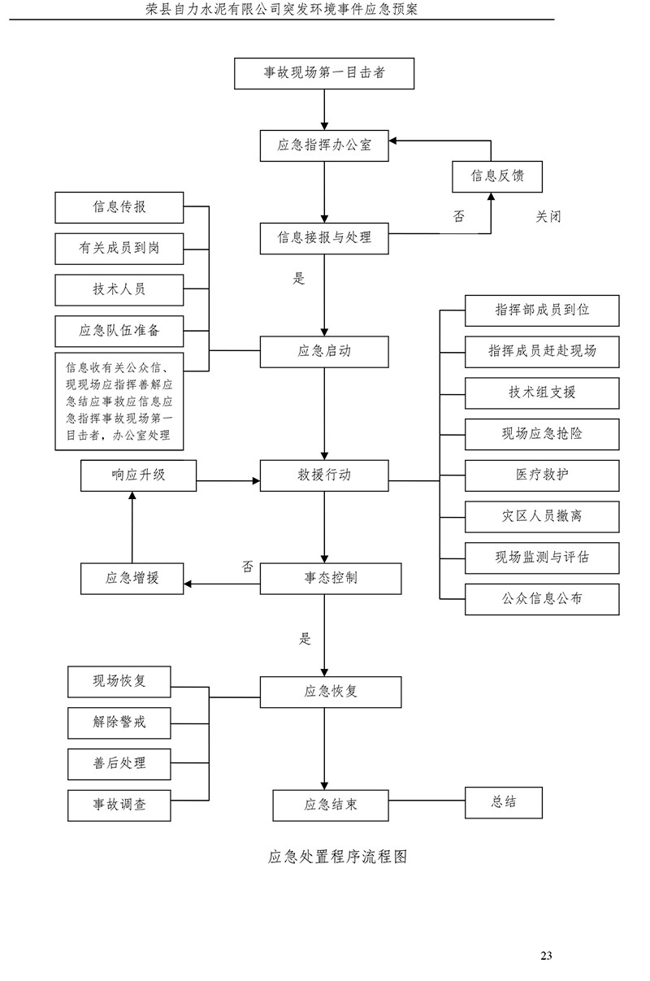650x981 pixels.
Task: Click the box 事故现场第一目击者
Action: [x=324, y=73]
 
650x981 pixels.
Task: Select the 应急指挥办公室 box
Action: [x=324, y=145]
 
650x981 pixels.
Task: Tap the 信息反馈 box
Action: [x=496, y=175]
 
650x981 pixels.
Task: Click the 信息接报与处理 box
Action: [x=324, y=237]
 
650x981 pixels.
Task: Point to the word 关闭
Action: [x=548, y=217]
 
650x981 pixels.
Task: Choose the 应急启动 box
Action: [x=324, y=351]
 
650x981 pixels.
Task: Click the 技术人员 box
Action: [x=119, y=289]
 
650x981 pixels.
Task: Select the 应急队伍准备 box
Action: [x=119, y=330]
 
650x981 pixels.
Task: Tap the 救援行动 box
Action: [x=324, y=475]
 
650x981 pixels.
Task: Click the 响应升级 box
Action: [x=139, y=475]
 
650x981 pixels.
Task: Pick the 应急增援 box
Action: [x=132, y=578]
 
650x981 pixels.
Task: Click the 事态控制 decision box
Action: [x=331, y=578]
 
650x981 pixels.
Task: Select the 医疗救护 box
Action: [x=542, y=475]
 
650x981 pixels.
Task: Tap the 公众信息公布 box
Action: [x=542, y=599]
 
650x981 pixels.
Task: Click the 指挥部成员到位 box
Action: [x=542, y=310]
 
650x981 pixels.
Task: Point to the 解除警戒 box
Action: [x=119, y=722]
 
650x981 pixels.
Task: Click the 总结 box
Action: [x=503, y=801]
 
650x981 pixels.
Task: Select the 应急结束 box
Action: [x=331, y=805]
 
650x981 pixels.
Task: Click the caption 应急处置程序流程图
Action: [x=336, y=857]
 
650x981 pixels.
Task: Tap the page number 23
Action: [x=546, y=955]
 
